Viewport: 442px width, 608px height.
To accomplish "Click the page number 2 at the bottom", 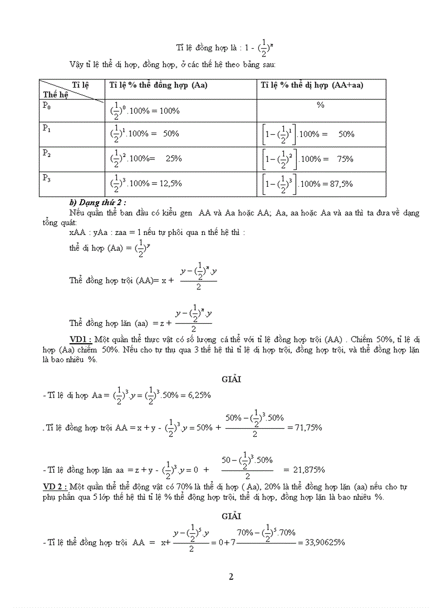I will click(x=231, y=577).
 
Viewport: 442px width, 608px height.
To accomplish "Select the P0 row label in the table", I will click(x=47, y=106).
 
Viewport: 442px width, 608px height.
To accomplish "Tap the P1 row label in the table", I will click(x=47, y=129).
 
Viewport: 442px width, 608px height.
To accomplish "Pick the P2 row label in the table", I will click(x=47, y=153).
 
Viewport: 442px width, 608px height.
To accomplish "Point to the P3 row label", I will click(x=47, y=178).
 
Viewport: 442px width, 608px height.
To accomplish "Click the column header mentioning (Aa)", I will click(x=158, y=85).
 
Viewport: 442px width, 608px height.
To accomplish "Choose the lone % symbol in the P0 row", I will click(x=321, y=105).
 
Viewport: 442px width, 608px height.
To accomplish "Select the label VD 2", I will click(x=54, y=487).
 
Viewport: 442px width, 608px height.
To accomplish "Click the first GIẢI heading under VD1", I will click(x=231, y=379).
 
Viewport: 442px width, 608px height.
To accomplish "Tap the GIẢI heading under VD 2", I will click(x=231, y=517).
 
